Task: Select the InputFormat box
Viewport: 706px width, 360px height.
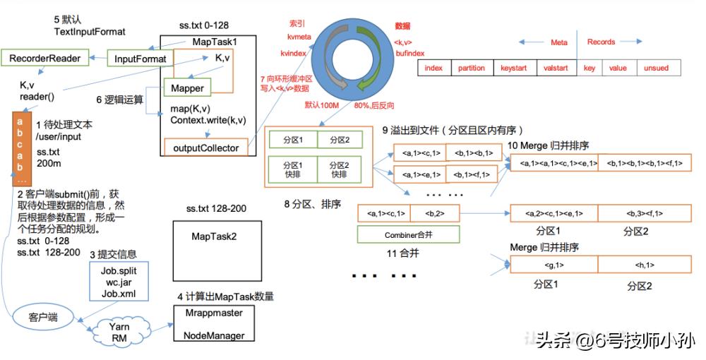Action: (x=140, y=59)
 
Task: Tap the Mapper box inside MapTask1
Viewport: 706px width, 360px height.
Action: (x=187, y=88)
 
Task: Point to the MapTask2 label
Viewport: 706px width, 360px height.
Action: (x=214, y=236)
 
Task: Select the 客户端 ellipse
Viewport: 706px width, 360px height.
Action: (x=43, y=318)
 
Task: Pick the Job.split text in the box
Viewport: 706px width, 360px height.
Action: (x=119, y=270)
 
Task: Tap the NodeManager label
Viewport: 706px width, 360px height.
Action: (x=213, y=335)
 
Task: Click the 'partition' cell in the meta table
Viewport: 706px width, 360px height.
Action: (x=471, y=68)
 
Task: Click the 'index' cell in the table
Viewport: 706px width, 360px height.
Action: (x=434, y=68)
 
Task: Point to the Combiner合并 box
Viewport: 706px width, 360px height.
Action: (x=408, y=234)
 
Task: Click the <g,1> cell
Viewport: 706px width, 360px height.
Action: (x=554, y=265)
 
